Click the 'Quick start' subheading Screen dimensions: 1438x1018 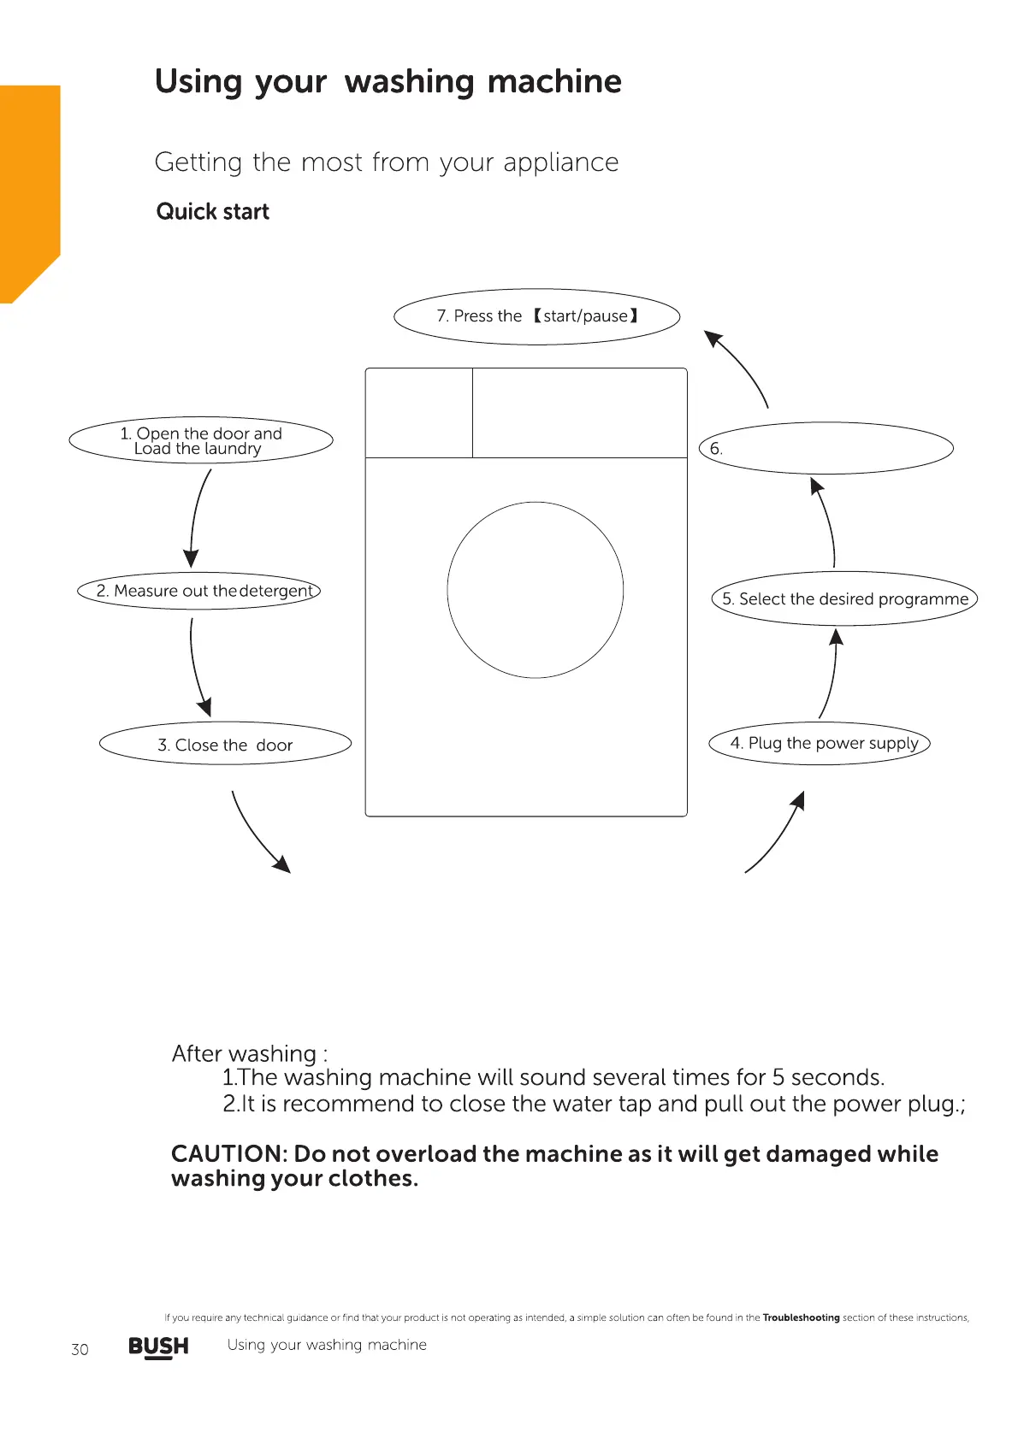point(212,212)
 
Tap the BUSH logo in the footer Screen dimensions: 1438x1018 point(158,1347)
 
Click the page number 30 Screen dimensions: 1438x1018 point(80,1349)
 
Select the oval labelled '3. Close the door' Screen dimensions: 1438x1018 point(225,744)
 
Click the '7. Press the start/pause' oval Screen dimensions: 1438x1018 point(536,316)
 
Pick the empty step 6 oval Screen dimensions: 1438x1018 point(826,448)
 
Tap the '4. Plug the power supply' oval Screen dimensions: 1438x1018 point(819,743)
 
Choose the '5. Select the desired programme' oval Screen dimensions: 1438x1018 point(843,598)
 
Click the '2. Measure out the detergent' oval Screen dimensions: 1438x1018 point(198,591)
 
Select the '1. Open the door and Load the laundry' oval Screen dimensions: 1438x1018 point(201,441)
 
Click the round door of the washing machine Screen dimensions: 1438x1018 point(536,590)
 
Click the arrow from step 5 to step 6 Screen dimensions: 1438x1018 point(826,522)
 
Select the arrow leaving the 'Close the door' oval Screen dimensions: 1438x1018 point(259,834)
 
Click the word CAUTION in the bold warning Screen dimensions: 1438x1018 point(227,1154)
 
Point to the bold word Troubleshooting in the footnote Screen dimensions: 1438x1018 point(801,1317)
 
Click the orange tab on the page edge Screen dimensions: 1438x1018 point(29,188)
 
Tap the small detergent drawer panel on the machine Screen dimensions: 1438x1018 point(419,413)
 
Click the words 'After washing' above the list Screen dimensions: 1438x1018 point(245,1053)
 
